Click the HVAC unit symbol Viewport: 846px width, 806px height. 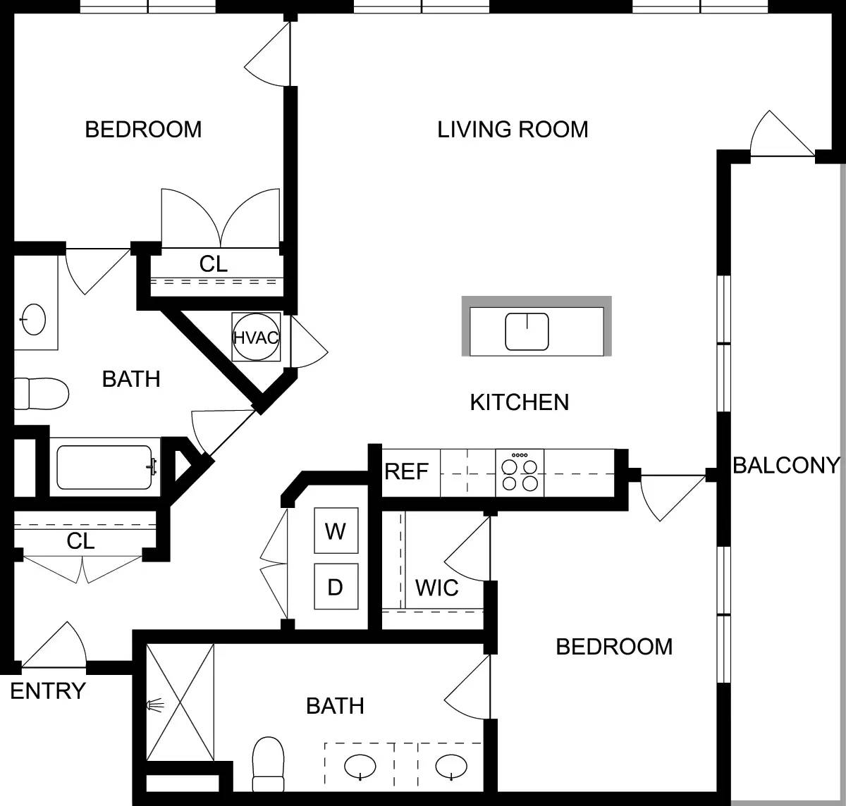pos(255,337)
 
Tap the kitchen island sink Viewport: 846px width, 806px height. pos(527,332)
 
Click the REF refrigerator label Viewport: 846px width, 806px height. pos(407,471)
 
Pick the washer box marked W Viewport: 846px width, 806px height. pos(336,531)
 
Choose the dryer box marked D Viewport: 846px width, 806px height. pos(336,586)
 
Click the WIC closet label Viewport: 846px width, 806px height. pos(436,588)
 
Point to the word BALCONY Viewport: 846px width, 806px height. pos(786,465)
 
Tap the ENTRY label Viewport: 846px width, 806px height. pos(48,691)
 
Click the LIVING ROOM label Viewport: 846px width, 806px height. pos(513,130)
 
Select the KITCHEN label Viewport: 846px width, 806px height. pos(519,402)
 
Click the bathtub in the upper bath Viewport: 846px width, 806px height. pos(104,467)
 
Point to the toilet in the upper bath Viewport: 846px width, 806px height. pos(42,393)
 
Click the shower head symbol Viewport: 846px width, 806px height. pos(155,703)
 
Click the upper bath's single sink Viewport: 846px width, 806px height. pos(34,319)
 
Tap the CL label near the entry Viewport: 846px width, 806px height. pos(80,541)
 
